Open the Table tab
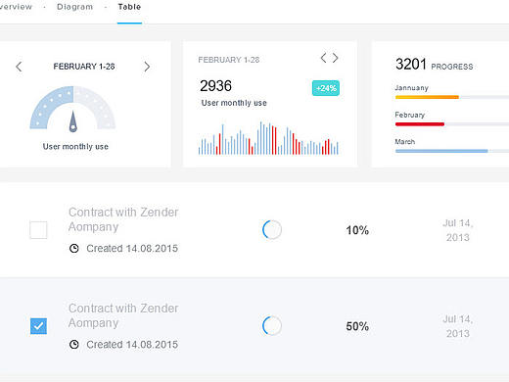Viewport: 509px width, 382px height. (x=129, y=7)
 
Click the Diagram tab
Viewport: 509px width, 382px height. (x=74, y=7)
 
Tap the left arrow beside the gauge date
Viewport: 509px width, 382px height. (x=19, y=67)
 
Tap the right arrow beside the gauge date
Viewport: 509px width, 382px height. (x=147, y=67)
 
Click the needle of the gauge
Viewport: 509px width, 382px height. (x=73, y=121)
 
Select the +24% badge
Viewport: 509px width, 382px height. (x=326, y=88)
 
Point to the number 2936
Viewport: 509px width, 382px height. (x=215, y=86)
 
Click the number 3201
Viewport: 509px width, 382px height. (x=411, y=64)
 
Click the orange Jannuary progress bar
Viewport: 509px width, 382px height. (x=427, y=97)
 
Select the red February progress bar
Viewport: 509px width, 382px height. (x=420, y=124)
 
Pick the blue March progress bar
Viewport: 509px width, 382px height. (x=441, y=151)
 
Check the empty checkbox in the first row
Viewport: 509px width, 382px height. (x=38, y=230)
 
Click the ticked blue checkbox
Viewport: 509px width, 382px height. (x=38, y=326)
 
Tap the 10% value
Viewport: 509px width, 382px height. (x=357, y=230)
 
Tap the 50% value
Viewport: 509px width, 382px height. (x=357, y=326)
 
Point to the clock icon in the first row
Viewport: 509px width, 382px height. (x=74, y=249)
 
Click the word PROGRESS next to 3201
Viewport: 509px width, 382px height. (x=452, y=67)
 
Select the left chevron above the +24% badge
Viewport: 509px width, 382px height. (x=323, y=58)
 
